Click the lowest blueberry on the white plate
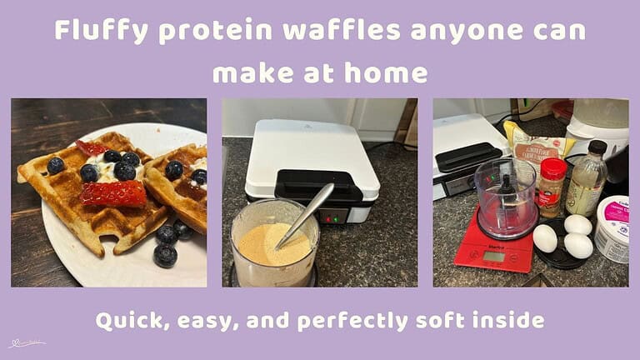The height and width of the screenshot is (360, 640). coord(165,255)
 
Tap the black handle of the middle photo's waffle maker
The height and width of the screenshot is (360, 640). coord(317,184)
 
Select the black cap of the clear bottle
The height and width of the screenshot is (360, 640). coord(597,147)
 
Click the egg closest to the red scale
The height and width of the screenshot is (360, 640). coord(544,239)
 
